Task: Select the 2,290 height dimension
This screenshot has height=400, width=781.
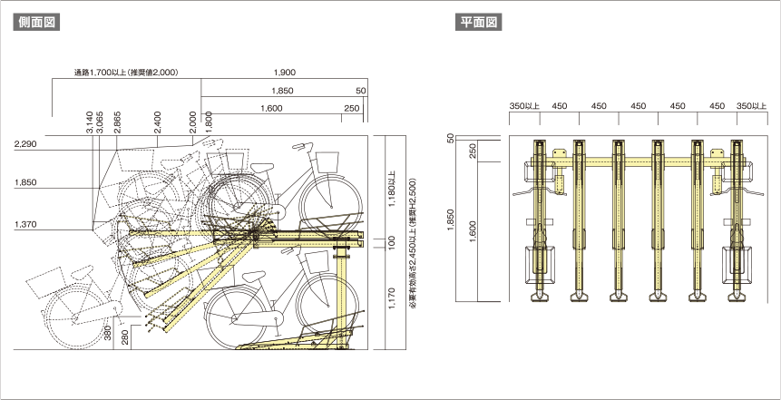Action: coord(25,144)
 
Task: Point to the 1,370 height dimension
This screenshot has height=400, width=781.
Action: coord(25,224)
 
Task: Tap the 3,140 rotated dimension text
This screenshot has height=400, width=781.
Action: coord(89,122)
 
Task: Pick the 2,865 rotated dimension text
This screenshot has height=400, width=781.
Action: coord(117,122)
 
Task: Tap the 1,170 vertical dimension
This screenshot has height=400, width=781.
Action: coord(392,298)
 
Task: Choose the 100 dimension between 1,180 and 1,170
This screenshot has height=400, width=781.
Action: coord(392,242)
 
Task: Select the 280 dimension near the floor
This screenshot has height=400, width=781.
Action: coord(125,336)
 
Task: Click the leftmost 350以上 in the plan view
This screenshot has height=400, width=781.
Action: coord(524,106)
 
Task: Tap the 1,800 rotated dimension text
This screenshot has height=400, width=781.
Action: coord(209,122)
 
